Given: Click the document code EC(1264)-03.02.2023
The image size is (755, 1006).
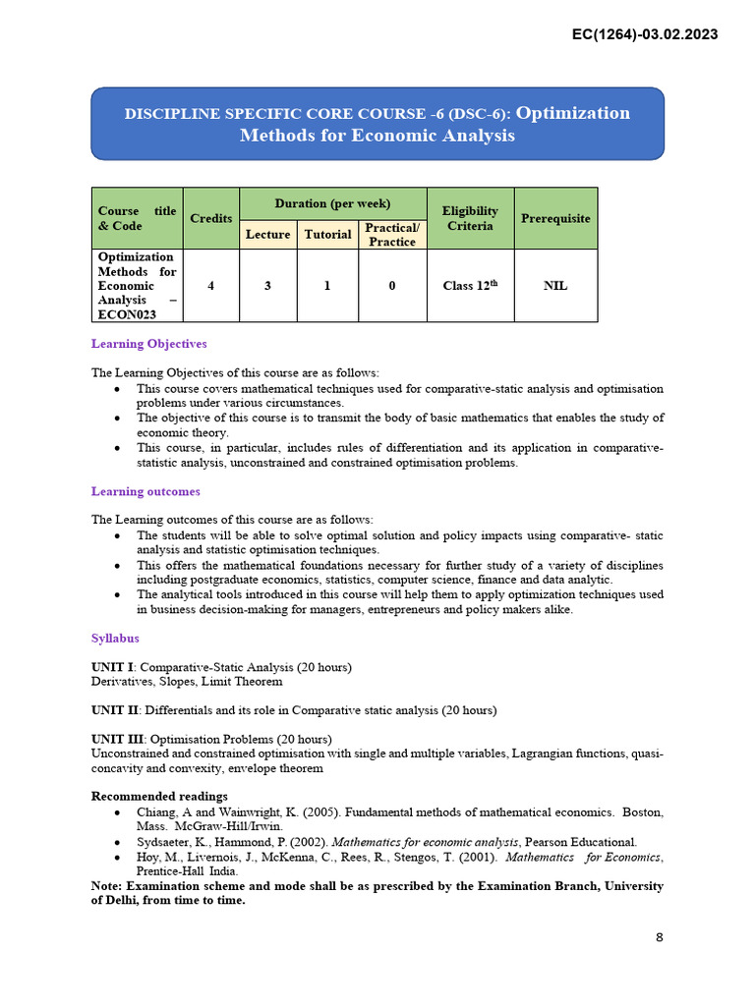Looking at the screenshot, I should click(644, 34).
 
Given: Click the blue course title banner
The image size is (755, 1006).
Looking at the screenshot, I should click(377, 124).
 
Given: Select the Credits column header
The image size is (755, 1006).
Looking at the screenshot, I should click(211, 218).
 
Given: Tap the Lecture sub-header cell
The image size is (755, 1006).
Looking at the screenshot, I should click(267, 234).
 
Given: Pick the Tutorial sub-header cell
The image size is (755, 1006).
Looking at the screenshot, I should click(327, 234).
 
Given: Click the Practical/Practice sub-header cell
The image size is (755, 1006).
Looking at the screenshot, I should click(392, 234).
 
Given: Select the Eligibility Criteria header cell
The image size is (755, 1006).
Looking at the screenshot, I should click(470, 218).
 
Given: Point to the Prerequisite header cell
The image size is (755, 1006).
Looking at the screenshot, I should click(555, 218).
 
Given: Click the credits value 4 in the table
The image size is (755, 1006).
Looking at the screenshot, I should click(211, 286).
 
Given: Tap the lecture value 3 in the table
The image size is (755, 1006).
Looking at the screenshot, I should click(267, 286).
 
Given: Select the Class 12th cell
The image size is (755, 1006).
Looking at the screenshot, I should click(470, 286).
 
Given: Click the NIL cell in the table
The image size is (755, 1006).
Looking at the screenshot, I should click(555, 286).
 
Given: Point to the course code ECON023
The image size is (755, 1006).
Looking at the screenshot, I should click(126, 315).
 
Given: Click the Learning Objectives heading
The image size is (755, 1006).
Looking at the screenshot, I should click(148, 344).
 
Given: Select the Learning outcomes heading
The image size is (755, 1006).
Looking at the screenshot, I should click(145, 491).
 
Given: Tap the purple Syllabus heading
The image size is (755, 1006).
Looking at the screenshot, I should click(115, 639).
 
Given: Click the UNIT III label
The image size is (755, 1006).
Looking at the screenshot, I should click(115, 739).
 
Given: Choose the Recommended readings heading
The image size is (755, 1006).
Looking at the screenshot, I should click(159, 796).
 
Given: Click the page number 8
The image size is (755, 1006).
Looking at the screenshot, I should click(660, 937).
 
